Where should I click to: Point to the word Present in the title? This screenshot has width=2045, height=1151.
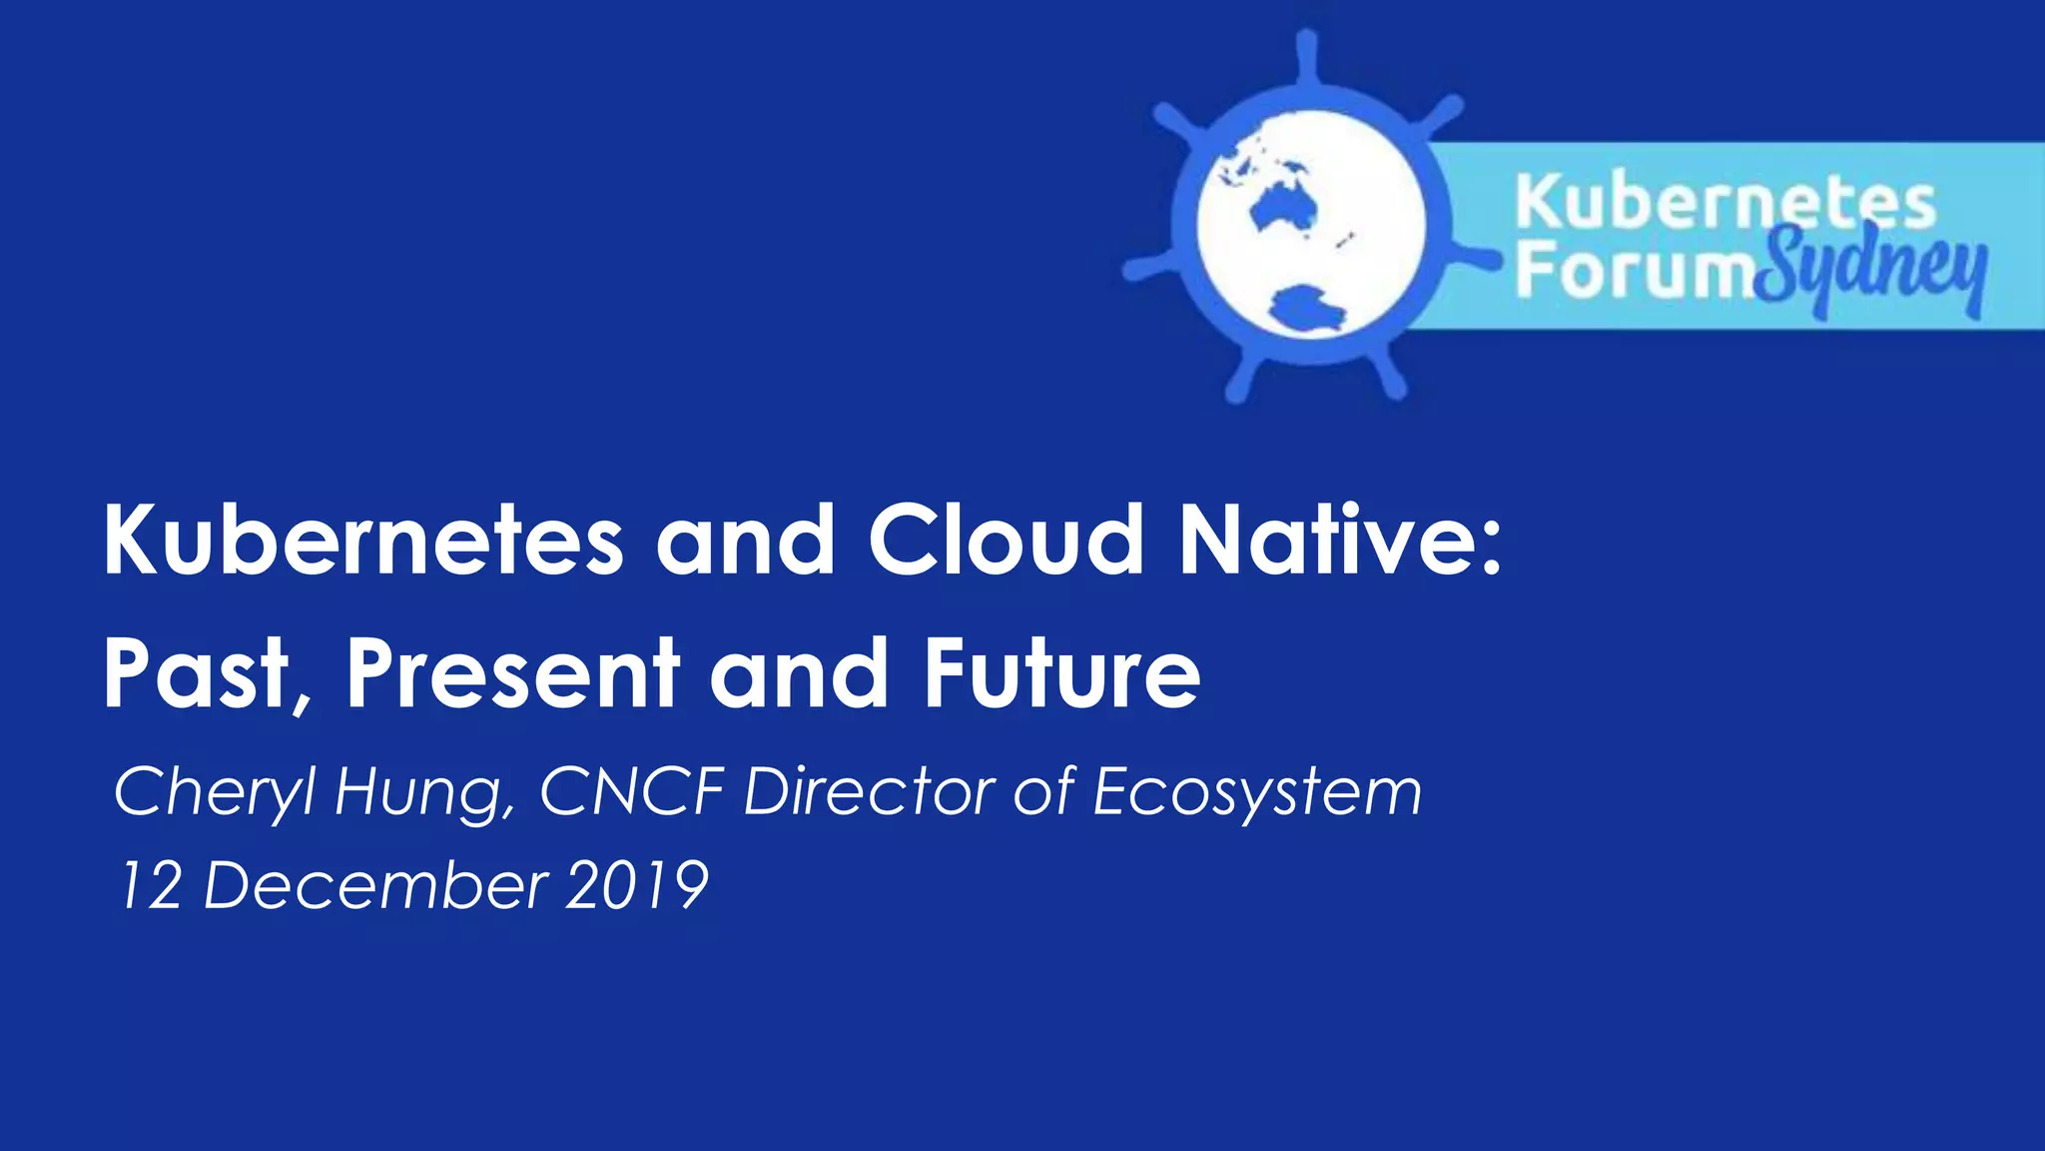(x=513, y=674)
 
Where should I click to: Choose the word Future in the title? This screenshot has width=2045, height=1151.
(x=1061, y=674)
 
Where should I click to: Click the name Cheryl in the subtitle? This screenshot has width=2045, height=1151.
(x=216, y=792)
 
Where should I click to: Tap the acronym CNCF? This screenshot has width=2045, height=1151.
(x=632, y=792)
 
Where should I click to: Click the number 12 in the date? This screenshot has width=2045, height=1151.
(x=151, y=885)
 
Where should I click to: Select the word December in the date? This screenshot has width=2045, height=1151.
(x=375, y=885)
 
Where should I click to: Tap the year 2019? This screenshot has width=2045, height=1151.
(x=636, y=885)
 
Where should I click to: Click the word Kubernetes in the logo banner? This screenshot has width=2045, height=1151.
(x=1725, y=202)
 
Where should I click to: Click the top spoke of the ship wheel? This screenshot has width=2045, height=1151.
(x=1306, y=60)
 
